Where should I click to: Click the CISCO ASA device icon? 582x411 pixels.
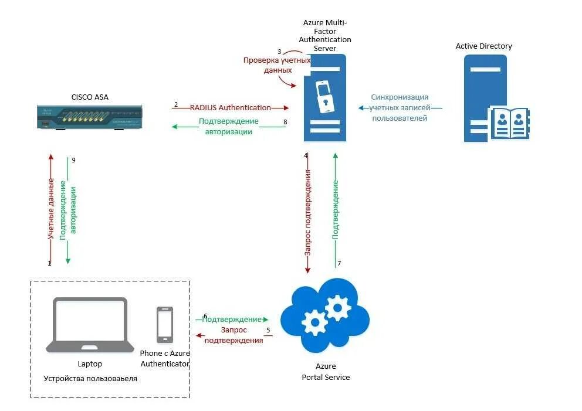pyautogui.click(x=89, y=117)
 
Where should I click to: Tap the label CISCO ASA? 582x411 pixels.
pyautogui.click(x=90, y=97)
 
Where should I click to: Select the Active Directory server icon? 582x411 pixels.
pyautogui.click(x=496, y=98)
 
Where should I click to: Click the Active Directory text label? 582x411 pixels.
pyautogui.click(x=483, y=46)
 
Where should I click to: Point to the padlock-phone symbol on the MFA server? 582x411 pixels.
pyautogui.click(x=324, y=96)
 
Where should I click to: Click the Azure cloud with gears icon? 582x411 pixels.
pyautogui.click(x=325, y=315)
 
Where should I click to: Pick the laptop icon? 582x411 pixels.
pyautogui.click(x=90, y=325)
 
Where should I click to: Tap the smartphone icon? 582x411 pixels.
pyautogui.click(x=165, y=325)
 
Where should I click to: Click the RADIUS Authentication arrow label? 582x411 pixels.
pyautogui.click(x=231, y=107)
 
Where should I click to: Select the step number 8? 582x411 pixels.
pyautogui.click(x=285, y=122)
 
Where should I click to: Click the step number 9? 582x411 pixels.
pyautogui.click(x=73, y=160)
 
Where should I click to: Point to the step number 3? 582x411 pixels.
pyautogui.click(x=279, y=52)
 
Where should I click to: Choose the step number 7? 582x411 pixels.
pyautogui.click(x=339, y=263)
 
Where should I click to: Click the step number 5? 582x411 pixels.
pyautogui.click(x=268, y=330)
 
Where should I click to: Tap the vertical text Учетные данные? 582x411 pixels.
pyautogui.click(x=50, y=209)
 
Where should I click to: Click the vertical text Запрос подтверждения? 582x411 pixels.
pyautogui.click(x=307, y=213)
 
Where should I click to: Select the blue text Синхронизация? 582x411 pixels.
pyautogui.click(x=400, y=97)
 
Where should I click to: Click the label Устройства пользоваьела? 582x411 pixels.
pyautogui.click(x=90, y=379)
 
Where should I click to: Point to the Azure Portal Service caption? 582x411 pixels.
pyautogui.click(x=326, y=372)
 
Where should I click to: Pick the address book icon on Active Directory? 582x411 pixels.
pyautogui.click(x=510, y=123)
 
